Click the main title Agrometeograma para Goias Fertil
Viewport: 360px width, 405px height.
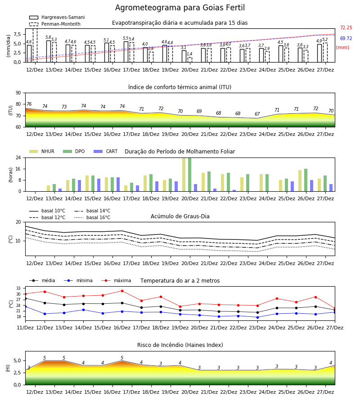[180, 8]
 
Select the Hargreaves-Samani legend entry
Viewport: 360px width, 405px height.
[57, 17]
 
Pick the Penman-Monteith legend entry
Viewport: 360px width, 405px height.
[55, 24]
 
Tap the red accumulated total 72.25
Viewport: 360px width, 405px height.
[346, 27]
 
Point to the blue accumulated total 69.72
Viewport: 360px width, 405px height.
[346, 39]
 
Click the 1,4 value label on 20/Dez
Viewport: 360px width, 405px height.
[189, 54]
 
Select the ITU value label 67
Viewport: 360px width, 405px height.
[257, 114]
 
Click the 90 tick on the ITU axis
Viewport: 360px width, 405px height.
[18, 93]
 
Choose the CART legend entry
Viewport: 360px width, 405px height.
[105, 151]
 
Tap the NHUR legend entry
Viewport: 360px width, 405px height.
[41, 151]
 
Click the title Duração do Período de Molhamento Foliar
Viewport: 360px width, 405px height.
[180, 152]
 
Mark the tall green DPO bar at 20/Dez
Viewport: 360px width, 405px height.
[190, 175]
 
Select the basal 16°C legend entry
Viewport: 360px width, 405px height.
[92, 217]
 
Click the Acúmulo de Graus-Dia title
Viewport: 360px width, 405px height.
[180, 216]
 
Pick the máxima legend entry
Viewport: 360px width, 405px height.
[116, 280]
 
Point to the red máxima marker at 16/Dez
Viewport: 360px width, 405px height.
[122, 291]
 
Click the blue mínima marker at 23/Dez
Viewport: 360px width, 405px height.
[257, 317]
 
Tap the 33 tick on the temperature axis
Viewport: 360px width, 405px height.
[18, 288]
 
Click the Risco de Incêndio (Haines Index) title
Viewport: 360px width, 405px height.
[180, 345]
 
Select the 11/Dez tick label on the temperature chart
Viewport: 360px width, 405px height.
[25, 328]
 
